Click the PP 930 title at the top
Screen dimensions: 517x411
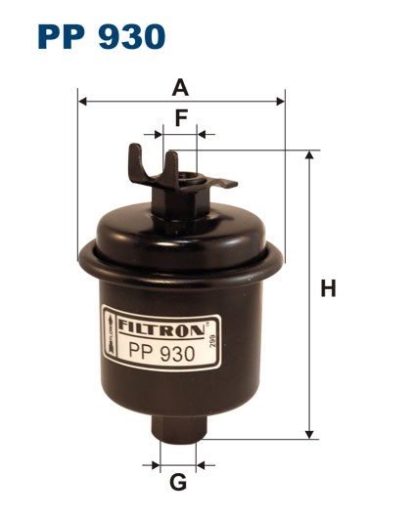[x=102, y=36]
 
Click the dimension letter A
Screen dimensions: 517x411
[x=180, y=88]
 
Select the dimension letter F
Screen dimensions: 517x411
[x=180, y=118]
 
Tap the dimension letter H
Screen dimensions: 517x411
[x=329, y=289]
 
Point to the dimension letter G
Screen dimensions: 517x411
[x=178, y=482]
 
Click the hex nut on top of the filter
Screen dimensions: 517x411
[x=181, y=200]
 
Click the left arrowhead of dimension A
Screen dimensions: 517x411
[x=81, y=101]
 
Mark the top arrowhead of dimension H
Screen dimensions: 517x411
[x=311, y=155]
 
